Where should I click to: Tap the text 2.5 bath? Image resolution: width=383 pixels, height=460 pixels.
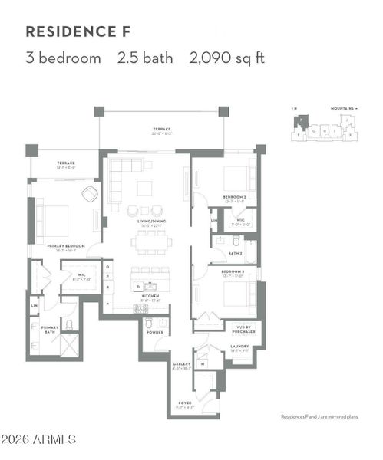click(x=145, y=58)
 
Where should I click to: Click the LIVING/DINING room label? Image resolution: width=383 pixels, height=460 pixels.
click(x=152, y=222)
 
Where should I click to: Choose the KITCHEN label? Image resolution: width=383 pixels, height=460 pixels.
click(x=149, y=295)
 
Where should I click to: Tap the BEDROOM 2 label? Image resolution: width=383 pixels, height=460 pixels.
click(x=234, y=197)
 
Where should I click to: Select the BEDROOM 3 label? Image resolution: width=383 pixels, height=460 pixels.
click(x=233, y=271)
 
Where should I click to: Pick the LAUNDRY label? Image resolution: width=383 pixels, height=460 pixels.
click(x=240, y=346)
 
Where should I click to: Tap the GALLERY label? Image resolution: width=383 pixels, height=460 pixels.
click(x=181, y=364)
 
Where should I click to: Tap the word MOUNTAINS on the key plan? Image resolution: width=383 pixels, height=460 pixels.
click(x=342, y=109)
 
